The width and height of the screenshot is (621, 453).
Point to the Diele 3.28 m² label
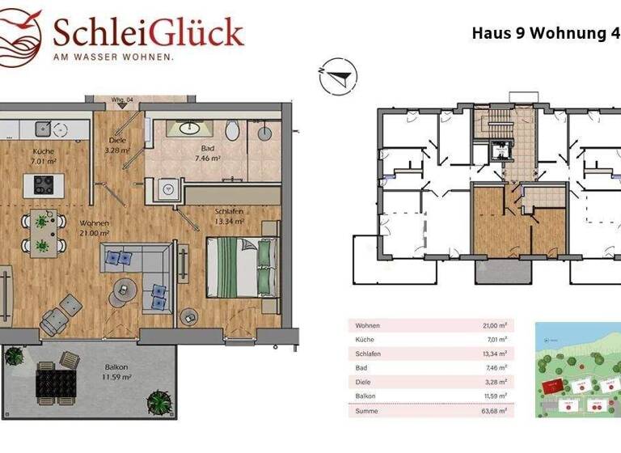pos(118,145)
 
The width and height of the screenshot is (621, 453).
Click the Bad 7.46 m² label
pos(208,154)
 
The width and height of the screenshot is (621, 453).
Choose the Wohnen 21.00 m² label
pos(95,228)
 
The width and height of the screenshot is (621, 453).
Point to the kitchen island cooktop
pos(41,185)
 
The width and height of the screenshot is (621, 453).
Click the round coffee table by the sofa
pos(125,286)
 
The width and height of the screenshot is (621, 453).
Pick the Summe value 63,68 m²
pos(492,412)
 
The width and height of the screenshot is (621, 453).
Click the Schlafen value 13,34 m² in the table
pos(493,354)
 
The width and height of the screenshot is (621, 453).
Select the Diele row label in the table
pos(361,383)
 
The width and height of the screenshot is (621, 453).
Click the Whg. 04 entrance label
pos(123,99)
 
